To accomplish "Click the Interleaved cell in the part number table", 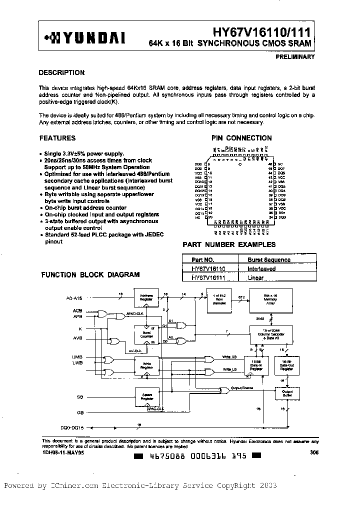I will click(261, 268).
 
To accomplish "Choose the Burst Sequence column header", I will click(269, 259).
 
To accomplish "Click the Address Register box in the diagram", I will click(146, 297).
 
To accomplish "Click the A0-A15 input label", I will click(74, 298).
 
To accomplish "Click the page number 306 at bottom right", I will click(313, 452).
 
